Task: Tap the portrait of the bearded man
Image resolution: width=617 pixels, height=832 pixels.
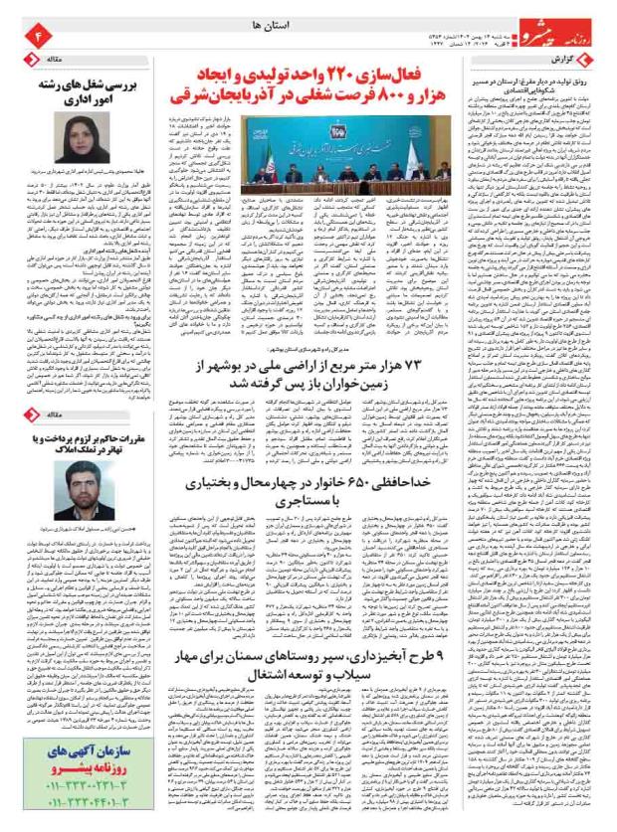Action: pyautogui.click(x=73, y=488)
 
